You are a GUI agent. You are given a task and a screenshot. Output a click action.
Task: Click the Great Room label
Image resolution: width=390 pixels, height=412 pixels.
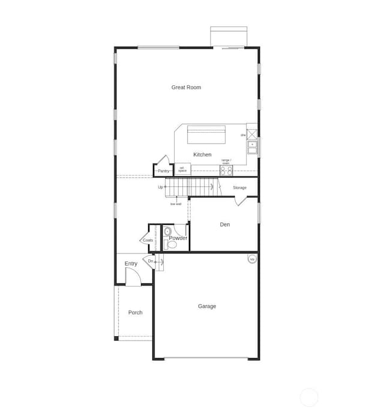coord(186,88)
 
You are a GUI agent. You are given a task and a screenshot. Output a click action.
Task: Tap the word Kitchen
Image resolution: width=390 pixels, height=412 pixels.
coord(202,155)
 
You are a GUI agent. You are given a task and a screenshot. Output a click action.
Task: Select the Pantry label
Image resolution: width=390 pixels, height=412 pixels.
coord(163,171)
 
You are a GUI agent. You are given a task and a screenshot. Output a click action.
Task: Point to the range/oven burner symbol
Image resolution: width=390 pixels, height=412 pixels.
coord(226,170)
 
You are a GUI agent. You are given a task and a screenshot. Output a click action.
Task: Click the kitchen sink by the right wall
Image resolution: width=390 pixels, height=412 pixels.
coord(253,145)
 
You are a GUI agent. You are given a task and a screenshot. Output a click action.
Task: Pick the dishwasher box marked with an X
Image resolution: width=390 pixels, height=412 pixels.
coord(252,134)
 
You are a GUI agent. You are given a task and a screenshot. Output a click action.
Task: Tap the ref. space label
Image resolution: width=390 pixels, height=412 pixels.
coord(182,170)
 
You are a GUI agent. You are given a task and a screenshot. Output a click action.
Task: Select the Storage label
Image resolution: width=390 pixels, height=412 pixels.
coord(239,188)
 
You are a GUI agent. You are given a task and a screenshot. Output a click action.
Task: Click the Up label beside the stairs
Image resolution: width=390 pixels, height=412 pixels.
coord(161,187)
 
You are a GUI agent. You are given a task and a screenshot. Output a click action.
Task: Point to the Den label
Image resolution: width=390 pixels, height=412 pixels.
coord(225,225)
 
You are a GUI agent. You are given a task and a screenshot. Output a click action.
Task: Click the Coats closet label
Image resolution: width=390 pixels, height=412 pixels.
coord(148,240)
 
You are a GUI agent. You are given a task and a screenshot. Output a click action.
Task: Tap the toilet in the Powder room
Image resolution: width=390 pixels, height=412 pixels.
coord(167,244)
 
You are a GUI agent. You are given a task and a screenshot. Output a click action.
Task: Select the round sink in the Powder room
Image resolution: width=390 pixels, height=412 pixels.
coord(167,231)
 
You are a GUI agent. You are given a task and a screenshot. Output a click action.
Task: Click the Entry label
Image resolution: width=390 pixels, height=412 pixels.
coord(131,264)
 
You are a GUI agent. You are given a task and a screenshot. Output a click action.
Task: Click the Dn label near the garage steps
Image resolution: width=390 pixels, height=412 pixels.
coord(151,261)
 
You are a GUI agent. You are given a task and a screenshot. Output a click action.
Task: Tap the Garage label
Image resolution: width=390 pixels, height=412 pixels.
coord(207,306)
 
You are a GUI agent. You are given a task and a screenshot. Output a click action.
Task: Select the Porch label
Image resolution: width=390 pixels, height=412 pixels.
coord(136,312)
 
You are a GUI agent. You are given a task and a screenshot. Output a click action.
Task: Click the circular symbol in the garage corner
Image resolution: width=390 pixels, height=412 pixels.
coord(252,259)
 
